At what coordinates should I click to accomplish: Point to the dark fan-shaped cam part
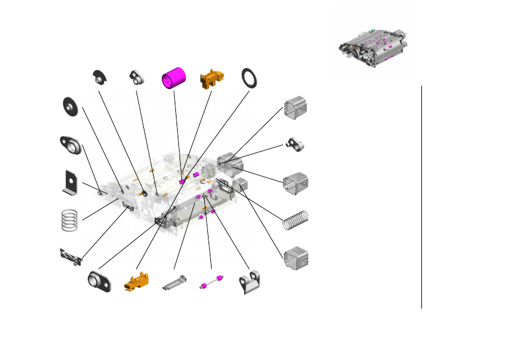(x=99, y=76)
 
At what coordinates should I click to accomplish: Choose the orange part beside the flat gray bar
(x=136, y=281)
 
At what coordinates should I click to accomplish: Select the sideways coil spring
(x=296, y=219)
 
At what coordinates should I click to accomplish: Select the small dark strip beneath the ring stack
(x=70, y=257)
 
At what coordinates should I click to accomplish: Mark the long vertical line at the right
(x=421, y=197)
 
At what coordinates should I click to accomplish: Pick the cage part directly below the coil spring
(x=296, y=257)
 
